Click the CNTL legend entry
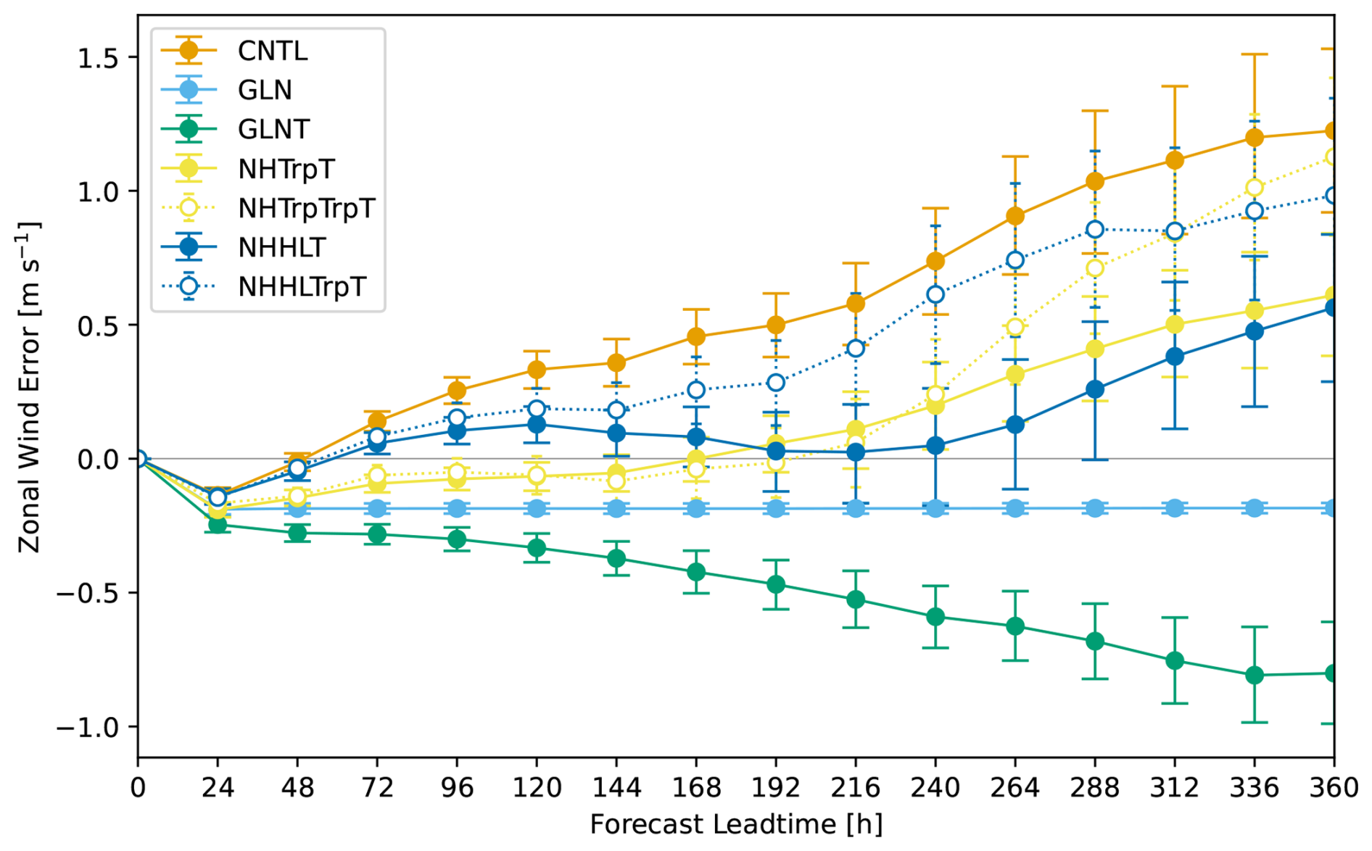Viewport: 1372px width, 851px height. click(273, 51)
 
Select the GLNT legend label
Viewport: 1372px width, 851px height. click(273, 130)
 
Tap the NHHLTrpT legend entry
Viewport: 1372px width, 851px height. click(302, 287)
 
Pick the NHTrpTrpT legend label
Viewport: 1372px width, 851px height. click(306, 209)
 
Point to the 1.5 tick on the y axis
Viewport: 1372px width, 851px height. click(97, 58)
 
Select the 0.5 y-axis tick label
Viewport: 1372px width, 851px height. click(97, 325)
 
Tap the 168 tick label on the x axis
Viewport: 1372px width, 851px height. click(696, 788)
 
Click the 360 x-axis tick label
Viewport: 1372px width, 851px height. click(1334, 788)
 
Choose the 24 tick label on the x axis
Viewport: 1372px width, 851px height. click(218, 788)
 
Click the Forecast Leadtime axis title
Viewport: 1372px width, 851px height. click(736, 825)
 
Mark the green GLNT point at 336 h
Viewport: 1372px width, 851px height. click(1255, 676)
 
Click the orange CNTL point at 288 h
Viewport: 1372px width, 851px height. click(1095, 181)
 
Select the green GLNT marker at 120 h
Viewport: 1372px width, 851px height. click(537, 548)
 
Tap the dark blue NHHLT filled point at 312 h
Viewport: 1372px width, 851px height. click(1175, 357)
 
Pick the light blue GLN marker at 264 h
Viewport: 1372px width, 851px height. click(1015, 508)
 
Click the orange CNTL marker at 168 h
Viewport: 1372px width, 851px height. click(696, 337)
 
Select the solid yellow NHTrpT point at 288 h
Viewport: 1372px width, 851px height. click(1095, 349)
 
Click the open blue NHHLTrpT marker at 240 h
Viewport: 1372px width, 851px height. click(935, 294)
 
